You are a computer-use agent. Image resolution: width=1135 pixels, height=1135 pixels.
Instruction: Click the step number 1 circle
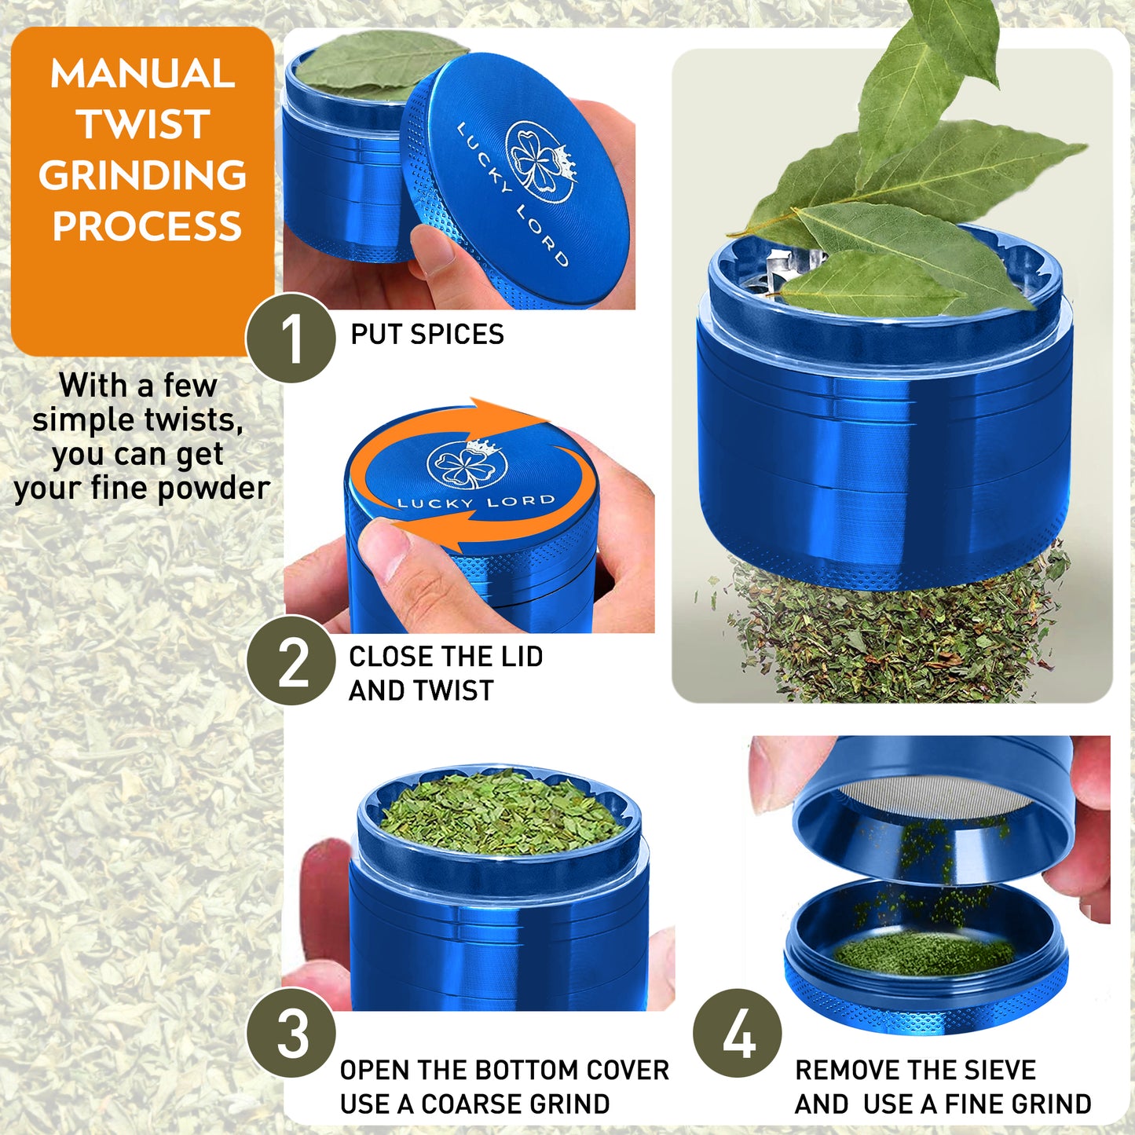click(291, 339)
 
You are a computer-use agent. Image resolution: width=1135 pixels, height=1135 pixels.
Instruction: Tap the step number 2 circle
click(291, 661)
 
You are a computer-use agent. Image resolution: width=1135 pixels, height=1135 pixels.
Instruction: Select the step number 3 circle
click(291, 1032)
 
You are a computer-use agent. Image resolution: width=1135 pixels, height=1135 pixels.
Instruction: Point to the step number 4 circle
click(738, 1032)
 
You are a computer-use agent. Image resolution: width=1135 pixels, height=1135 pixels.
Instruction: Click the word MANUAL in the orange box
click(143, 74)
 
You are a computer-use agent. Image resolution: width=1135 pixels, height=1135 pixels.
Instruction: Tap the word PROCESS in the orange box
click(147, 226)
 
